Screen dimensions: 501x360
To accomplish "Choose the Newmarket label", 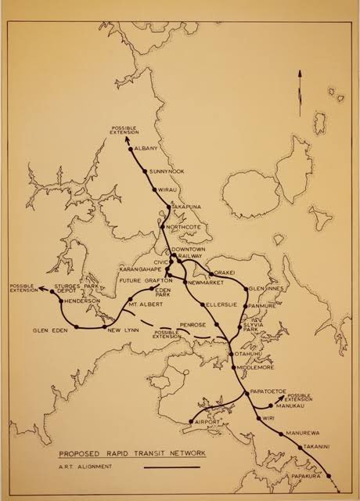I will [203, 282].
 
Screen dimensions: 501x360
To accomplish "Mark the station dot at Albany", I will [131, 147].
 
